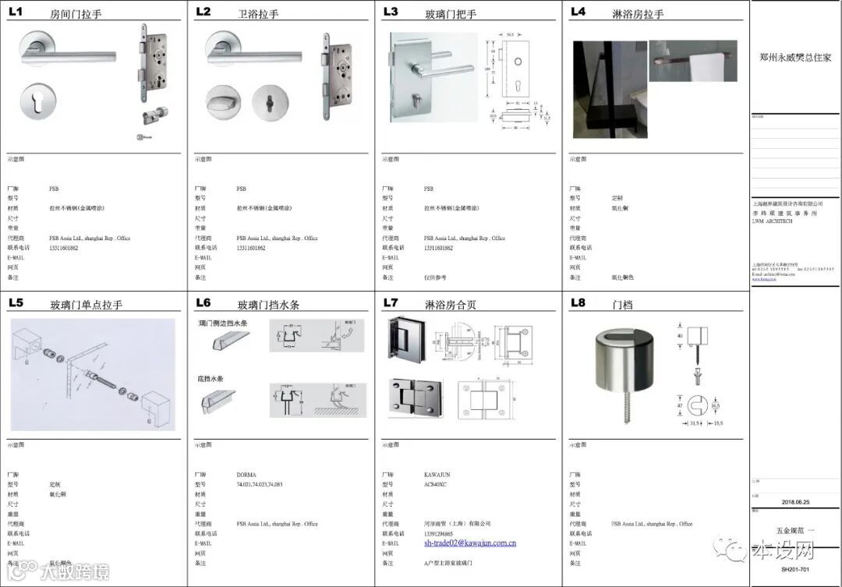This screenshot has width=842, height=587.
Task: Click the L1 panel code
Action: (16, 12)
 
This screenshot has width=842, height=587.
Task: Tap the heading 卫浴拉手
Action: (258, 14)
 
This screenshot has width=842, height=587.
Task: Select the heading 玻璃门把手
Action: (450, 14)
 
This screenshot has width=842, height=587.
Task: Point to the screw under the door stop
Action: (628, 405)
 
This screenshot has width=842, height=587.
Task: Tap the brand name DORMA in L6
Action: (246, 475)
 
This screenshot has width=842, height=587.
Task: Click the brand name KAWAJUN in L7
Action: (436, 475)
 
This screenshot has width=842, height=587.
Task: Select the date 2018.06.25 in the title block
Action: (796, 503)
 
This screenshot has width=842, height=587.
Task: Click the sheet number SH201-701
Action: (796, 571)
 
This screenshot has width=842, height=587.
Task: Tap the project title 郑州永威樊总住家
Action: (795, 58)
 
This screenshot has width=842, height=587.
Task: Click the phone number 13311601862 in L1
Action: (63, 248)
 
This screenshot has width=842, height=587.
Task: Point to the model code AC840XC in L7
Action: (435, 484)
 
